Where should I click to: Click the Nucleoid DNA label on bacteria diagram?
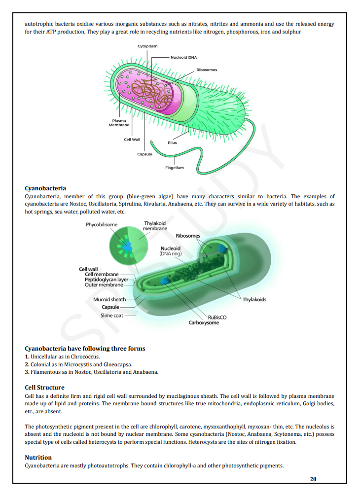[x=183, y=57]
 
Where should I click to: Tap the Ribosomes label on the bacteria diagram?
[x=207, y=70]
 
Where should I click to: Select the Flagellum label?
[x=175, y=168]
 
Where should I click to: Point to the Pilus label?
[x=172, y=142]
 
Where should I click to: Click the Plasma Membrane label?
[x=119, y=122]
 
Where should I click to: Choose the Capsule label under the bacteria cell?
[x=144, y=154]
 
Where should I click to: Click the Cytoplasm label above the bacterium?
[x=147, y=46]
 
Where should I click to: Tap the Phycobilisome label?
[x=102, y=225]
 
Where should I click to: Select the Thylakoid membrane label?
[x=155, y=226]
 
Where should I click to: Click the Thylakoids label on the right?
[x=254, y=299]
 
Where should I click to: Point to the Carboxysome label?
[x=204, y=322]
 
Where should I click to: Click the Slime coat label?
[x=111, y=315]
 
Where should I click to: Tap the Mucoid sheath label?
[x=109, y=299]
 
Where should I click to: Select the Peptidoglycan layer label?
[x=106, y=280]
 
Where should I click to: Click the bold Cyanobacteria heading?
[x=45, y=188]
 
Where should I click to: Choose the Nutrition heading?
[x=38, y=458]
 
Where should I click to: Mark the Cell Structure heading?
[x=44, y=388]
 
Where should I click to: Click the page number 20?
[x=313, y=479]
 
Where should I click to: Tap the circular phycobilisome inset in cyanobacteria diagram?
[x=126, y=245]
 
